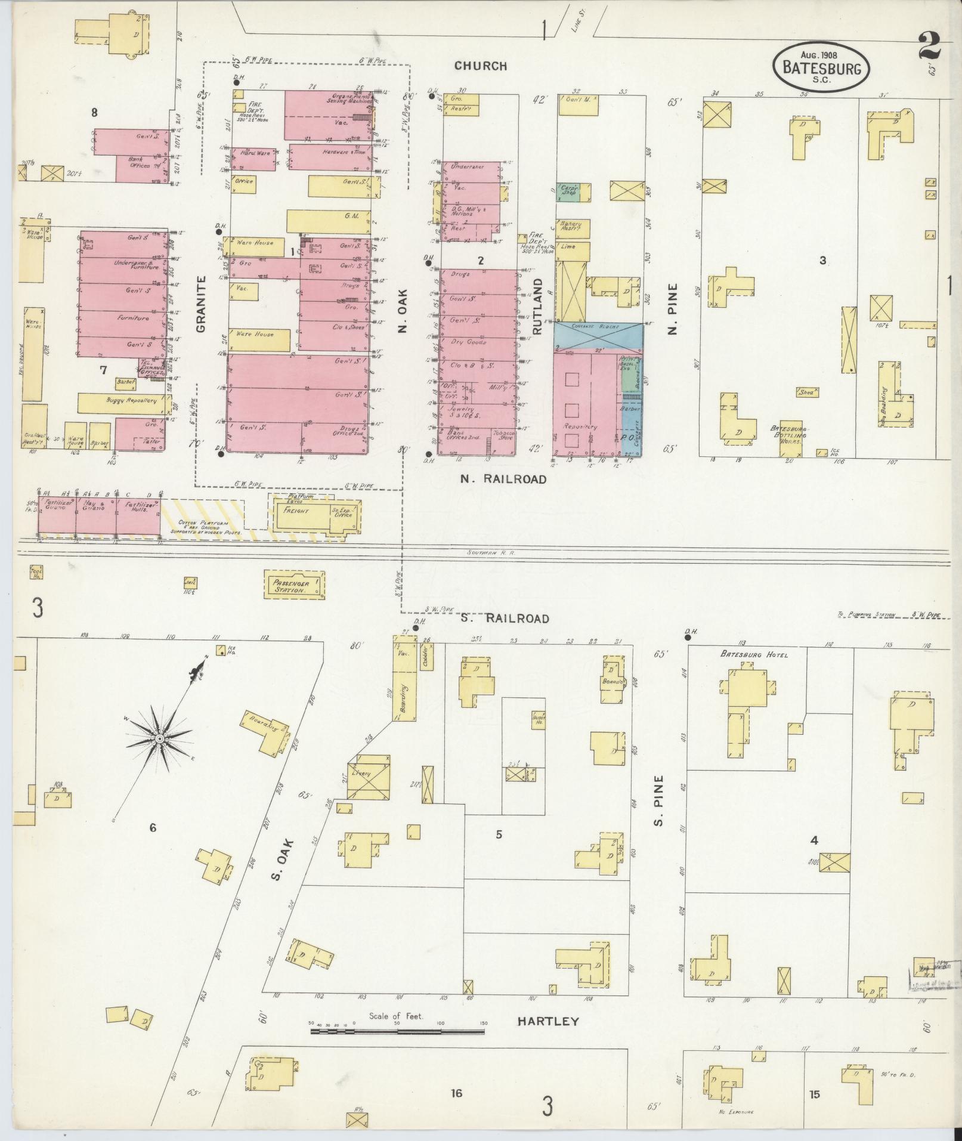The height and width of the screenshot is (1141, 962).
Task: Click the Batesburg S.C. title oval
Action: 821,67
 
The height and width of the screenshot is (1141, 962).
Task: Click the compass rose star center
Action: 160,740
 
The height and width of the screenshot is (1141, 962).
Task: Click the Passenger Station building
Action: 295,585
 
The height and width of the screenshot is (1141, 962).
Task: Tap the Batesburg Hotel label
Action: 754,655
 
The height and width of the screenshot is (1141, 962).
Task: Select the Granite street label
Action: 200,304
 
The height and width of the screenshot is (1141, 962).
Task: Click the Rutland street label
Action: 538,306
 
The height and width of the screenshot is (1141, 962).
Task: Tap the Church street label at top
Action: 481,66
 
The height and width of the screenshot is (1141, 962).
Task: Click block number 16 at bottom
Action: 456,1093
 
